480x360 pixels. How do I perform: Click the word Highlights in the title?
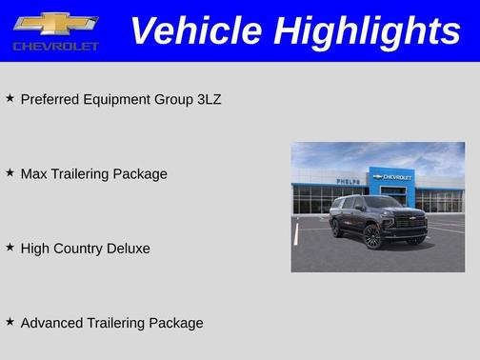pyautogui.click(x=368, y=31)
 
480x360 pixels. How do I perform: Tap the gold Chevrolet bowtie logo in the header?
pyautogui.click(x=56, y=23)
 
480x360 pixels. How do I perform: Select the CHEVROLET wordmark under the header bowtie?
pyautogui.click(x=56, y=46)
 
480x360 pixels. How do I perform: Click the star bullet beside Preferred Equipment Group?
pyautogui.click(x=10, y=98)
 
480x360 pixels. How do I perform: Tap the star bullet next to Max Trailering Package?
pyautogui.click(x=10, y=172)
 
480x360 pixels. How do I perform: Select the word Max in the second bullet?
pyautogui.click(x=33, y=173)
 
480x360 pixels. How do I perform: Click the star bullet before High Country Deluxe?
pyautogui.click(x=10, y=247)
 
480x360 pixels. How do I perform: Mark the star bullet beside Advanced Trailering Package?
pyautogui.click(x=10, y=322)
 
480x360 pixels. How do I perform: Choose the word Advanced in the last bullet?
pyautogui.click(x=50, y=323)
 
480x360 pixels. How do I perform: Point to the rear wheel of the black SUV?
pyautogui.click(x=336, y=228)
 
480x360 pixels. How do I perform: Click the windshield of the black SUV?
pyautogui.click(x=385, y=203)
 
